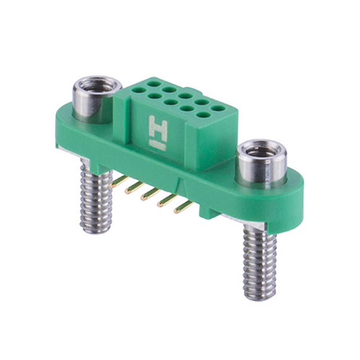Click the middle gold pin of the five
(150, 194)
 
